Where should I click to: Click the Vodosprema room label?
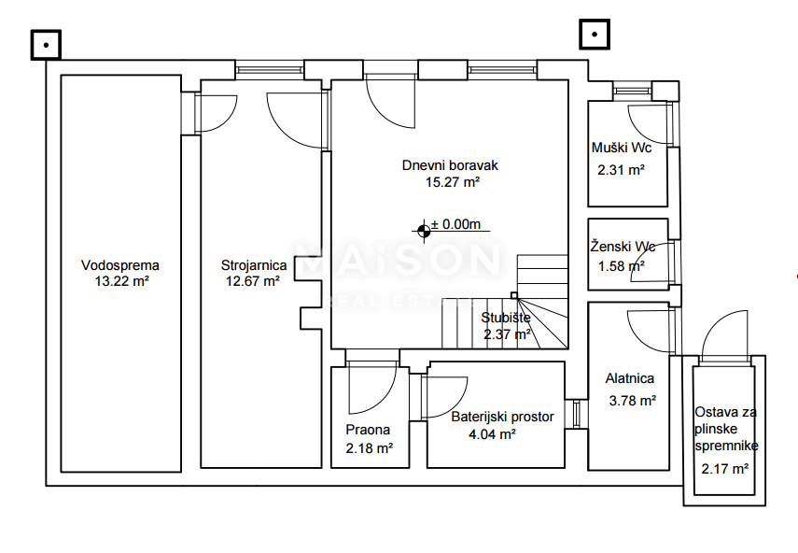click(119, 264)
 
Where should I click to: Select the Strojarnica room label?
click(253, 264)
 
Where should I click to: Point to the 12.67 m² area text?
click(253, 280)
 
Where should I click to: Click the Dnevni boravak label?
click(450, 165)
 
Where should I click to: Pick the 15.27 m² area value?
click(452, 182)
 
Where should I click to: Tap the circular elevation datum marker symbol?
click(425, 226)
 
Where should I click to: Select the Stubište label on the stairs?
click(506, 317)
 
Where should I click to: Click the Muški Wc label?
click(622, 149)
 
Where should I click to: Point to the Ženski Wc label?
click(623, 248)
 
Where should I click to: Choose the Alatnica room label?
click(630, 379)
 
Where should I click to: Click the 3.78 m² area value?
click(632, 401)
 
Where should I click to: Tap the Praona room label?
click(367, 431)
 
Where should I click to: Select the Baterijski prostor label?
click(502, 417)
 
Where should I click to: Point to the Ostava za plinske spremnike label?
click(726, 429)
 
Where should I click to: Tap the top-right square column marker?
click(595, 35)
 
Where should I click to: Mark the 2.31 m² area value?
click(622, 170)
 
